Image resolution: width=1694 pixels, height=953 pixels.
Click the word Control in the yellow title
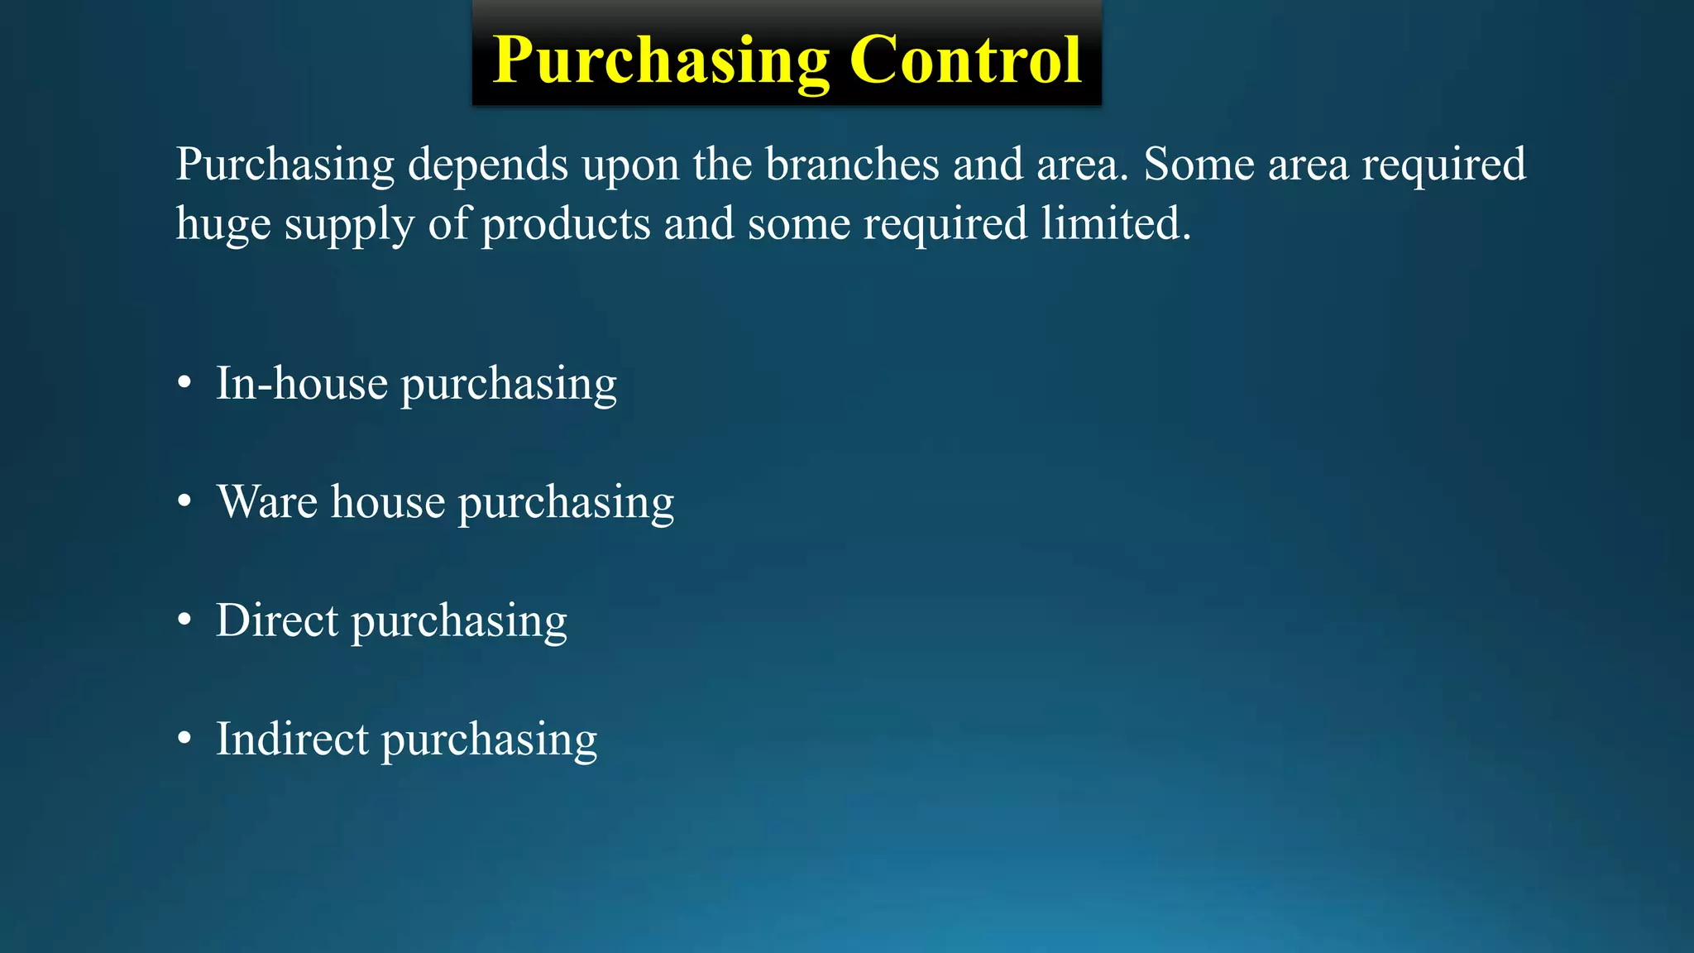pyautogui.click(x=964, y=60)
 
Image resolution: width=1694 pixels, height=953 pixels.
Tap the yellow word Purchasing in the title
pyautogui.click(x=661, y=60)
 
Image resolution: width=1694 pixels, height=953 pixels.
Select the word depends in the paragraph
pyautogui.click(x=488, y=165)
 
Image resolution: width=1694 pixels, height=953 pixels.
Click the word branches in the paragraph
pyautogui.click(x=852, y=165)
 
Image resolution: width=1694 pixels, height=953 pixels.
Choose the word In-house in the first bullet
pyautogui.click(x=301, y=384)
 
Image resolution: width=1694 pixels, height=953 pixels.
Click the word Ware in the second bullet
pyautogui.click(x=267, y=502)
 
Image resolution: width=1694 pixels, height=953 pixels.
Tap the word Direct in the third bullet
pyautogui.click(x=277, y=620)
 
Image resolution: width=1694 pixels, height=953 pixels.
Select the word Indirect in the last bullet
pyautogui.click(x=292, y=739)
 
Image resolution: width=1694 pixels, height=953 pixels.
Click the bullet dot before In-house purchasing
pyautogui.click(x=184, y=384)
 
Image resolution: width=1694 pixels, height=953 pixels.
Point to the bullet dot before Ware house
pyautogui.click(x=184, y=502)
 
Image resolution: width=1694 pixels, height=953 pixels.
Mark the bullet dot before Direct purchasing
pyautogui.click(x=184, y=620)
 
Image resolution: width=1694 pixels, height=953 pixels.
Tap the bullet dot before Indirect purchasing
pyautogui.click(x=184, y=739)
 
